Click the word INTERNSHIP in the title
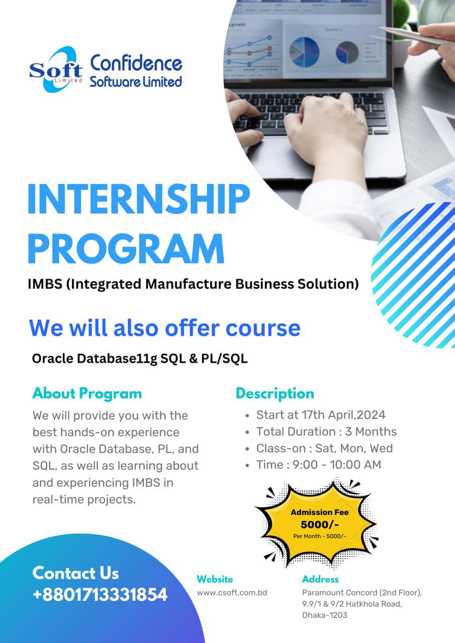coord(139,199)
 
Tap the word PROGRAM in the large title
coord(126,248)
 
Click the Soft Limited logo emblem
coord(56,70)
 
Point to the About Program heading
coord(87,393)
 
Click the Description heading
coord(275,393)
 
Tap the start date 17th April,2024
coord(343,415)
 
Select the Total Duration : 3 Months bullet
coord(326,432)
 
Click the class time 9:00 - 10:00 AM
coord(337,465)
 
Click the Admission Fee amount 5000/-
coord(320,524)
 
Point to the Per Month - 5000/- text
coord(319,536)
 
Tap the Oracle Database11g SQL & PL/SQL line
coord(140,359)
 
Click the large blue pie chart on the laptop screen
coord(304,52)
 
